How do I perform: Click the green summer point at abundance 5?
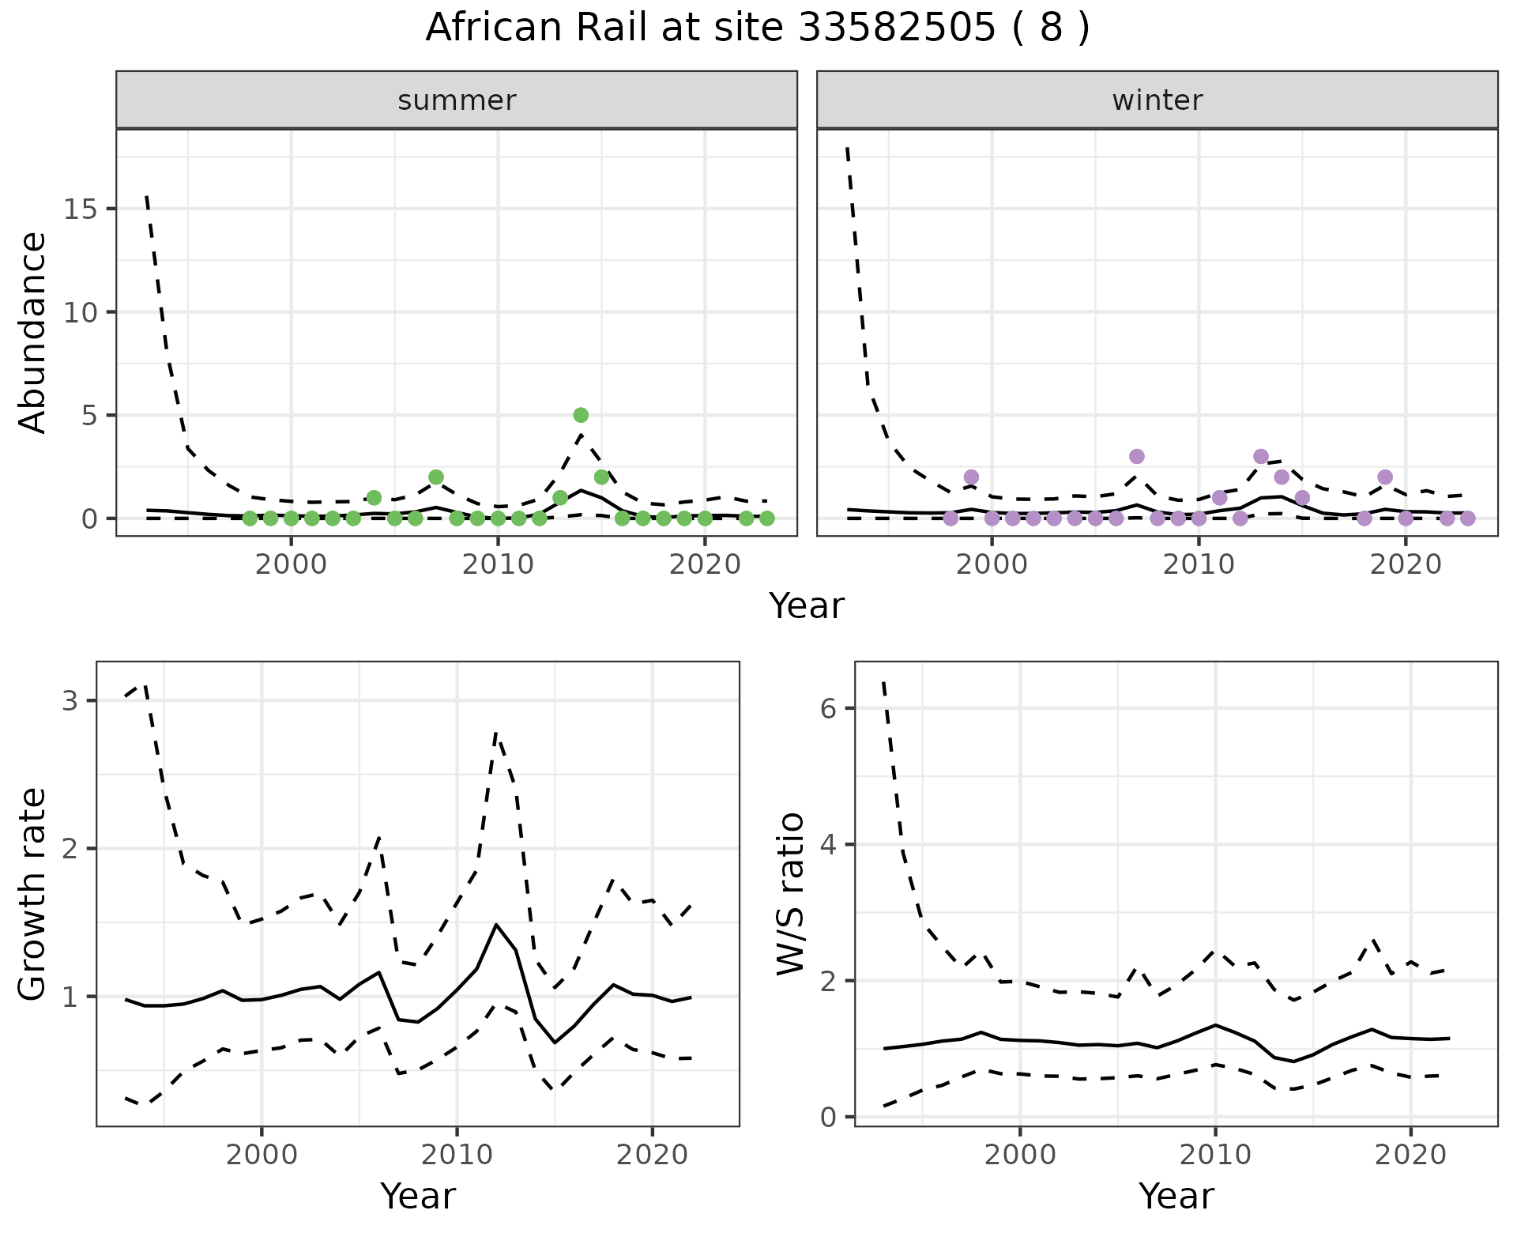click(x=581, y=415)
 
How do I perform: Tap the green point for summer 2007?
click(x=436, y=477)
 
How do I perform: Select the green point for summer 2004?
click(x=374, y=497)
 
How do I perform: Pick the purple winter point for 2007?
click(x=1137, y=456)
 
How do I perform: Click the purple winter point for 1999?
click(x=971, y=477)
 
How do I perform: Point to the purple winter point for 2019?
click(x=1385, y=477)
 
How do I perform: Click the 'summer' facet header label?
click(x=457, y=100)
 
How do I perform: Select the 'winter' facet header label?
click(x=1158, y=100)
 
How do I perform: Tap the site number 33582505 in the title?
click(x=896, y=28)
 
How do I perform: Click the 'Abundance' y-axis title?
click(x=33, y=332)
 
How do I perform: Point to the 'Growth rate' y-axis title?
click(x=33, y=894)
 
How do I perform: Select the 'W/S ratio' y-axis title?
click(x=790, y=894)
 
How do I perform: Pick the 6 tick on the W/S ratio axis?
click(x=828, y=708)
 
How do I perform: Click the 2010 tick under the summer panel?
click(x=498, y=565)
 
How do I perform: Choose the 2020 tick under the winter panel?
click(x=1406, y=565)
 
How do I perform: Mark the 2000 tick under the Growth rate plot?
click(x=262, y=1155)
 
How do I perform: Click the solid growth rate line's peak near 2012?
click(x=496, y=924)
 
